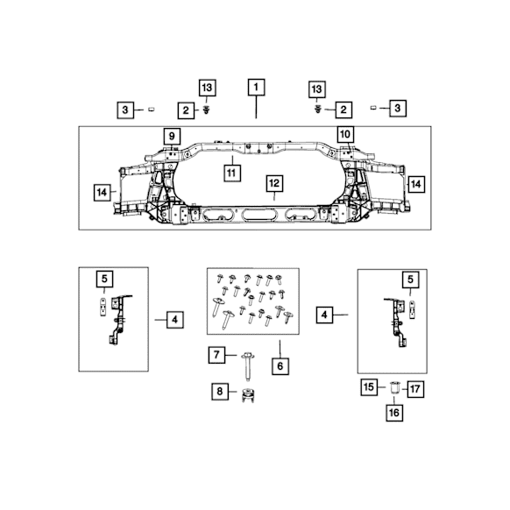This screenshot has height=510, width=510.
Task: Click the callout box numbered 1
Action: pyautogui.click(x=256, y=88)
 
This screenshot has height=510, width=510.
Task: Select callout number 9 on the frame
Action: pyautogui.click(x=172, y=136)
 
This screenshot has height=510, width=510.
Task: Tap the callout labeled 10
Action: pyautogui.click(x=344, y=134)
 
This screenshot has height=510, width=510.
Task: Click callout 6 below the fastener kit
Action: pyautogui.click(x=280, y=366)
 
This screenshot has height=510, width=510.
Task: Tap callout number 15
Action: pyautogui.click(x=370, y=386)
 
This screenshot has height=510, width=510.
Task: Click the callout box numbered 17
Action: pyautogui.click(x=414, y=386)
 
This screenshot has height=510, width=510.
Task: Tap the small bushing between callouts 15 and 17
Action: pyautogui.click(x=393, y=386)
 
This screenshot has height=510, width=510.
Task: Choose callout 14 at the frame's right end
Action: pyautogui.click(x=415, y=184)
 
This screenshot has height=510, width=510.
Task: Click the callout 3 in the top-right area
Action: pyautogui.click(x=398, y=108)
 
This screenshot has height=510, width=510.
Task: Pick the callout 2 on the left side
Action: pyautogui.click(x=186, y=110)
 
